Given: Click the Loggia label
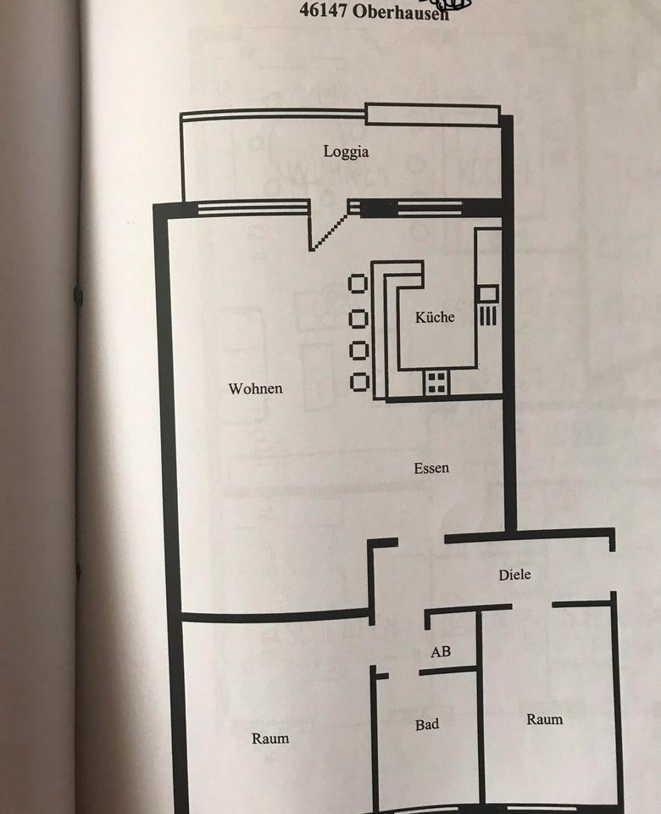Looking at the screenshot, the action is (x=347, y=153).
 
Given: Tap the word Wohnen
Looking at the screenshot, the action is (x=255, y=389).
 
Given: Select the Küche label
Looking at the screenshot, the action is (x=435, y=317).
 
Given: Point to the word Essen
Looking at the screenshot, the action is (x=431, y=468).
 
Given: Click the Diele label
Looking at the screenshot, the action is (x=514, y=575).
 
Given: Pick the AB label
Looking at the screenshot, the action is (x=441, y=652).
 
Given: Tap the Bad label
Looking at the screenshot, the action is (x=427, y=725).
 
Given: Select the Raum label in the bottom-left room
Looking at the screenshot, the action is (x=270, y=739).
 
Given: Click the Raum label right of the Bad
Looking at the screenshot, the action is (x=544, y=720).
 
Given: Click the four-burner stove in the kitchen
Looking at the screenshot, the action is (x=437, y=382).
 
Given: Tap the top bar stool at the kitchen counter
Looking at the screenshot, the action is (x=359, y=284).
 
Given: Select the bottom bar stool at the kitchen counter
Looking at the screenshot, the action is (x=359, y=382).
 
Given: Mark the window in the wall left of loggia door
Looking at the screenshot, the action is (x=247, y=207).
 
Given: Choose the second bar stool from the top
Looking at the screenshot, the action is (x=359, y=318).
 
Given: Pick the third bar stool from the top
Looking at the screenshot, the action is (x=359, y=349).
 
